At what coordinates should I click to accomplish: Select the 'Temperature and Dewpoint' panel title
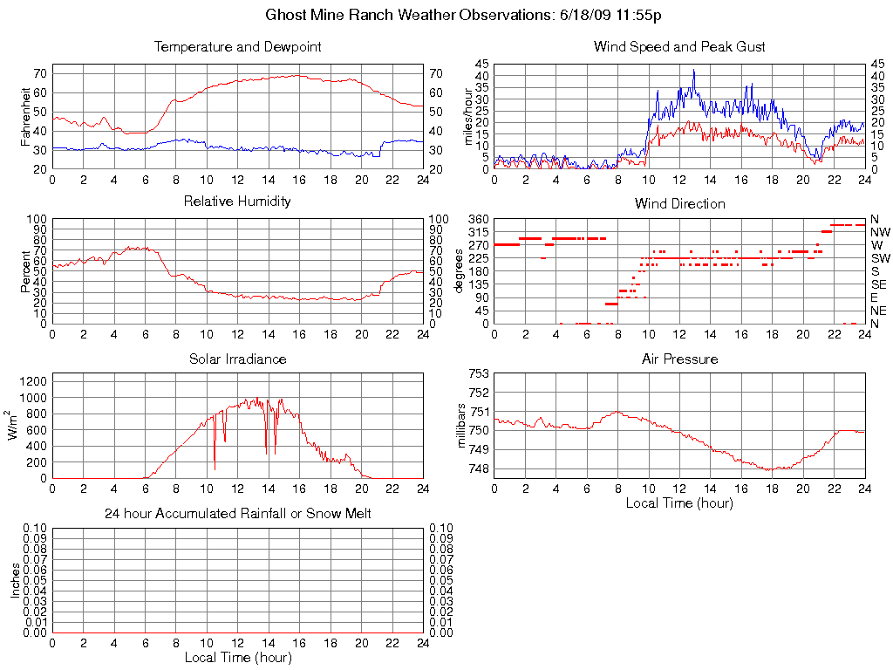pyautogui.click(x=237, y=46)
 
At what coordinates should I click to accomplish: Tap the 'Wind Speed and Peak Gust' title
pyautogui.click(x=679, y=46)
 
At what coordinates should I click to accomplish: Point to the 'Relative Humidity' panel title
pyautogui.click(x=237, y=202)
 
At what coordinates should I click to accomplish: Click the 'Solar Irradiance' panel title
pyautogui.click(x=237, y=359)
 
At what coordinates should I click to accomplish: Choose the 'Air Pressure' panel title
pyautogui.click(x=679, y=359)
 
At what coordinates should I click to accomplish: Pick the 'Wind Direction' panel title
pyautogui.click(x=679, y=203)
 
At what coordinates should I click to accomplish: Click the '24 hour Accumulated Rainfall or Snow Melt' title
pyautogui.click(x=237, y=514)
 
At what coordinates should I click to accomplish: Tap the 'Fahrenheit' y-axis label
pyautogui.click(x=26, y=116)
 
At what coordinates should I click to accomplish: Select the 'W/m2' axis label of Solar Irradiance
pyautogui.click(x=15, y=426)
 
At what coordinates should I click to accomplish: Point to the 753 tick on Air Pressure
pyautogui.click(x=478, y=373)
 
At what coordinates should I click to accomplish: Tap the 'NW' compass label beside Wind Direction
pyautogui.click(x=880, y=232)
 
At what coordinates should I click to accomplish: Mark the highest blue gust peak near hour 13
pyautogui.click(x=694, y=71)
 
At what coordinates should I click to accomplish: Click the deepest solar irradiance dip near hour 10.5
pyautogui.click(x=215, y=469)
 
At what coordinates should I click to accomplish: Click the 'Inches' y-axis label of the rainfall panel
pyautogui.click(x=15, y=580)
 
